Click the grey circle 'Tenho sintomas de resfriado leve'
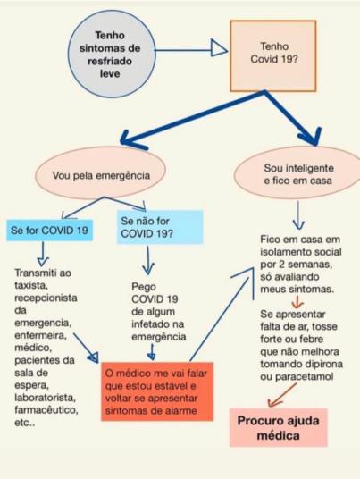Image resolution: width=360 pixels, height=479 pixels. point(112,55)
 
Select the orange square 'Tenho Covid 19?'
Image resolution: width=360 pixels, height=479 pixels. point(273,56)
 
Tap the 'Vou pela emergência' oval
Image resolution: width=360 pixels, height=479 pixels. point(100,175)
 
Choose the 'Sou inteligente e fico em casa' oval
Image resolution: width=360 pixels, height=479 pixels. point(297,173)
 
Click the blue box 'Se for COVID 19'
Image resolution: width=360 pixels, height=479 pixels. point(49,231)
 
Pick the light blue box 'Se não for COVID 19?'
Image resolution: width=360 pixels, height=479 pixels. point(160,227)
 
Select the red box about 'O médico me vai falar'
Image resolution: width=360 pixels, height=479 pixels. point(157,391)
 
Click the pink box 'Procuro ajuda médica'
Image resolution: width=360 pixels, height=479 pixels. point(278,428)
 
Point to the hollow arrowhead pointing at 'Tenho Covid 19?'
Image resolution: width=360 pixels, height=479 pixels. point(219,48)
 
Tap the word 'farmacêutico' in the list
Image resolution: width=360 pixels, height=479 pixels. point(46,409)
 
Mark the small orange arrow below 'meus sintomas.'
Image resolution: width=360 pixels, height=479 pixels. point(297,302)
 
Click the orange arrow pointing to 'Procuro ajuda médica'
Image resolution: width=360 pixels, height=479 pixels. point(281,395)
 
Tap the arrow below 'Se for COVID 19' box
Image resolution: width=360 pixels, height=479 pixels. point(43,254)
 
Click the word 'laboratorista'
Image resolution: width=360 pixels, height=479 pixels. point(46,398)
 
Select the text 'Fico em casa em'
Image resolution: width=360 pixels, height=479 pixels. point(300,239)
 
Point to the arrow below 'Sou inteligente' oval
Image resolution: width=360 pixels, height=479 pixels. point(298,214)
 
